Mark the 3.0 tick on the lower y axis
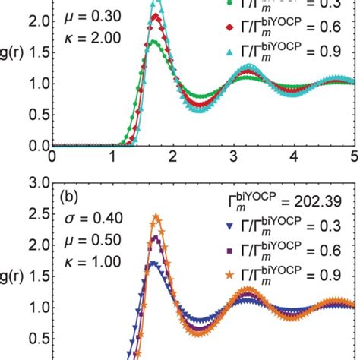pos(35,184)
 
